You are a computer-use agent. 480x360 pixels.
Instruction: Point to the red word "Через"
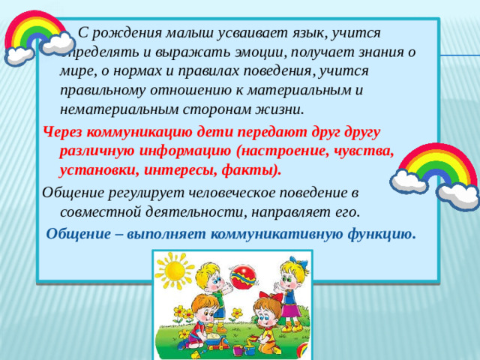click(x=66, y=131)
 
